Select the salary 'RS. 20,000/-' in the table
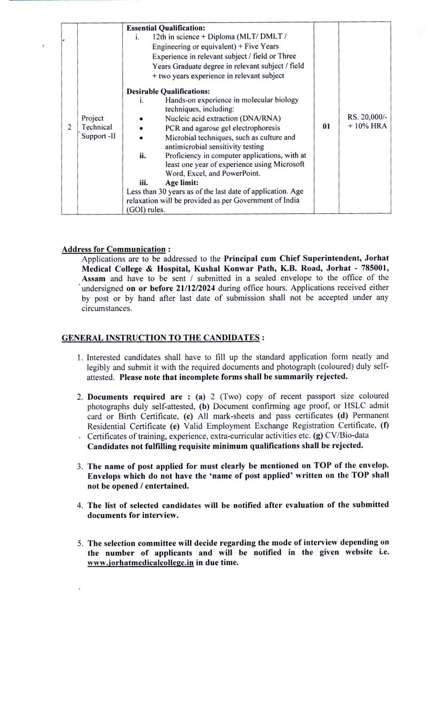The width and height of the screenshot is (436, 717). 366,117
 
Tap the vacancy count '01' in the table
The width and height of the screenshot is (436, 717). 327,128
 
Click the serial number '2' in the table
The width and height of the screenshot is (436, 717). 69,128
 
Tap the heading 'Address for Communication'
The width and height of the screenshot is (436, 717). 114,249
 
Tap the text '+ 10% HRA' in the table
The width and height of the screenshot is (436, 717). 367,127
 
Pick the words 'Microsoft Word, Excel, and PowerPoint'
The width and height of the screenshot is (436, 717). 213,169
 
